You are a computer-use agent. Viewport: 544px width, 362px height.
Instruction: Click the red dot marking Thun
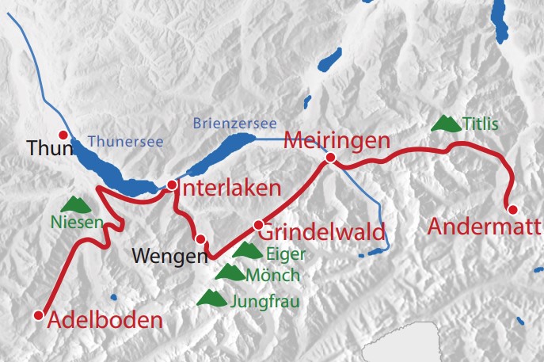[63, 135]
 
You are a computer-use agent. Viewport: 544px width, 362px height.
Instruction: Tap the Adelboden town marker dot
[38, 315]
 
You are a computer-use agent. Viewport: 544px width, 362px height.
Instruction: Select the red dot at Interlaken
[172, 185]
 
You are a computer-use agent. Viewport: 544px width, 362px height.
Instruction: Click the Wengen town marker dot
[200, 239]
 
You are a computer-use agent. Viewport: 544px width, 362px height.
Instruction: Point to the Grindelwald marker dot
[257, 225]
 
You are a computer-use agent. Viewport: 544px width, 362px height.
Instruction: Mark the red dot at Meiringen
[330, 159]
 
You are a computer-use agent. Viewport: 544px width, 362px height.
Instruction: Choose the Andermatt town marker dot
[512, 210]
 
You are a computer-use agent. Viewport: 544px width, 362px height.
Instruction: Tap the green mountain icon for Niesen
[74, 204]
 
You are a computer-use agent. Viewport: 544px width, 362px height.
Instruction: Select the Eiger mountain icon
[247, 251]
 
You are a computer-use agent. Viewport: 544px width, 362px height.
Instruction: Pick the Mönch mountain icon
[230, 273]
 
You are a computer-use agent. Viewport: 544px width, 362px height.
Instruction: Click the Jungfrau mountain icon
[211, 298]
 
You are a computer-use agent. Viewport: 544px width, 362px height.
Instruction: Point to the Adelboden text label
[105, 321]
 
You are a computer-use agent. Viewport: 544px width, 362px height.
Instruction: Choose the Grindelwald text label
[322, 233]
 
